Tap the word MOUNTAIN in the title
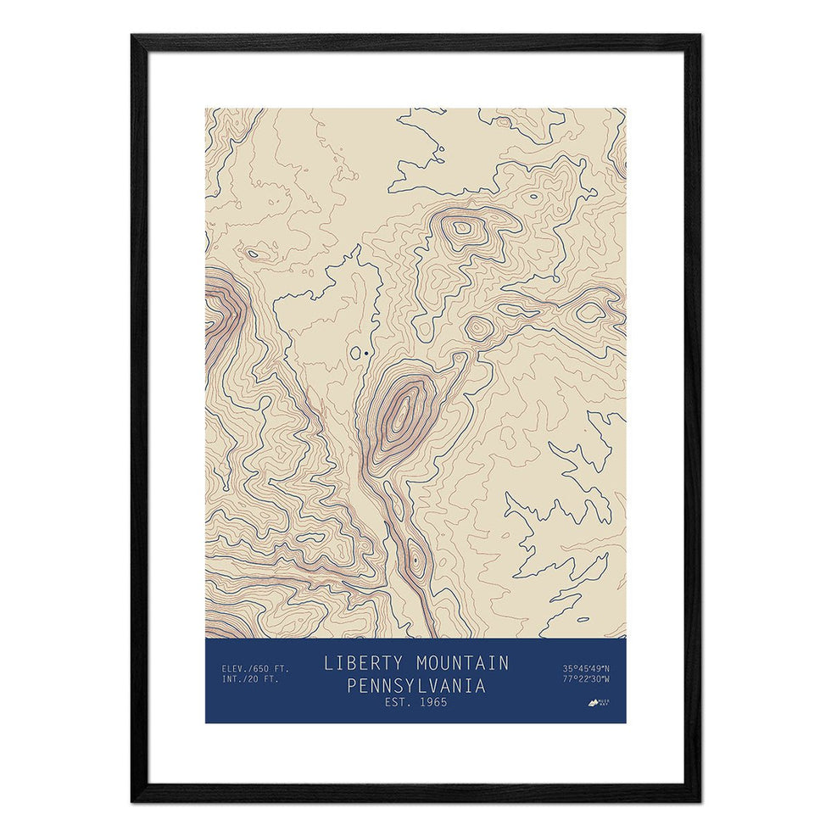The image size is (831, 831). coord(459,663)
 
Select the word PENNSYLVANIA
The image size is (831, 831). coord(415,685)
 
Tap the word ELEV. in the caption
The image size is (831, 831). coord(234,667)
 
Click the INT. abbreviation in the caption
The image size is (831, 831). coord(232,678)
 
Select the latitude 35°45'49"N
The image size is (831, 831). coord(585,667)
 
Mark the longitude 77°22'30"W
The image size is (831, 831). coord(585,678)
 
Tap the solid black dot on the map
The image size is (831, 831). coord(365,352)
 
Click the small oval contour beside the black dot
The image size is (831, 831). coord(355,352)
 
